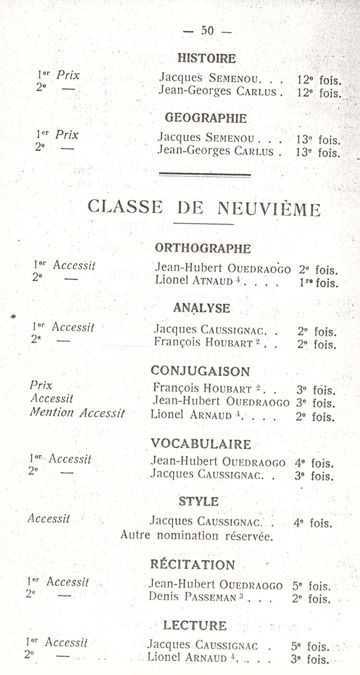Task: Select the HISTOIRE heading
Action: tap(206, 59)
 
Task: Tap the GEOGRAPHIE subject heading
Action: tap(205, 118)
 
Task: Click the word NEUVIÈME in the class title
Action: tap(269, 209)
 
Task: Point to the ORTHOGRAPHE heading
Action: tap(203, 249)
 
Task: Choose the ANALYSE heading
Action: tap(202, 308)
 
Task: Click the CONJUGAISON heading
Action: tap(200, 371)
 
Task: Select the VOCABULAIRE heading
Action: tap(201, 444)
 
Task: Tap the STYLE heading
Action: tap(198, 502)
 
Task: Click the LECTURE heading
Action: tap(194, 625)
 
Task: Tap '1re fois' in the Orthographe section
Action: tap(318, 283)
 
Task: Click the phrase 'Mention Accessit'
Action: tap(77, 412)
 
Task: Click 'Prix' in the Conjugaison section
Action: tap(41, 385)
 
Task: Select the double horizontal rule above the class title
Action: tap(204, 175)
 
